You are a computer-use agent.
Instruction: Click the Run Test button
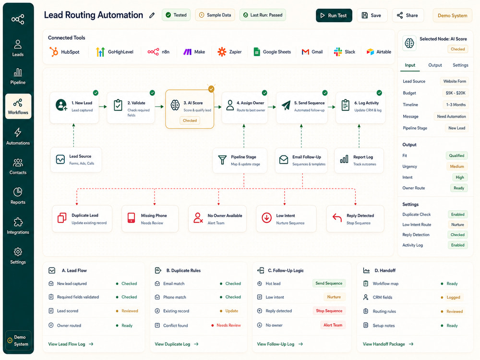coord(334,15)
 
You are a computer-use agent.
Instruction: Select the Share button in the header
coord(408,15)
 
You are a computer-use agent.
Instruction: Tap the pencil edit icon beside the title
coord(152,15)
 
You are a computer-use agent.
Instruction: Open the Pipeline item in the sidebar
coord(18,76)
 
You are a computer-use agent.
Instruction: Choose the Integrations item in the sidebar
coord(18,226)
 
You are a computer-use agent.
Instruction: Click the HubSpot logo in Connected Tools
coord(54,52)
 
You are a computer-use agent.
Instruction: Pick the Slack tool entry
coord(344,52)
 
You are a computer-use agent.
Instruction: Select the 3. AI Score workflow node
coord(190,109)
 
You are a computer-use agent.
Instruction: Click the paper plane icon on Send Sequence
coord(286,105)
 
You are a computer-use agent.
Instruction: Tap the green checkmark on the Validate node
coord(152,93)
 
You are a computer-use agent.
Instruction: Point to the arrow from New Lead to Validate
coord(103,107)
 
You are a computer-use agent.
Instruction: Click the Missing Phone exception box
coord(150,219)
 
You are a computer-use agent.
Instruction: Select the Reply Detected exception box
coord(355,219)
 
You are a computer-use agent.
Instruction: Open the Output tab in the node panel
coord(435,65)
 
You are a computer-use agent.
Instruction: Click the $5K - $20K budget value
coord(456,93)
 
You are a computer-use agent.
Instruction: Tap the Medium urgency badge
coord(457,166)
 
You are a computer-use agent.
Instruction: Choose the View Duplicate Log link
coord(177,344)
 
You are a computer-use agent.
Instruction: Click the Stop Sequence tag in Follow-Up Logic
coord(329,311)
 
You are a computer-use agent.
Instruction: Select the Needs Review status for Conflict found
coord(228,325)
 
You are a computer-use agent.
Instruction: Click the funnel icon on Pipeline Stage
coord(222,160)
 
